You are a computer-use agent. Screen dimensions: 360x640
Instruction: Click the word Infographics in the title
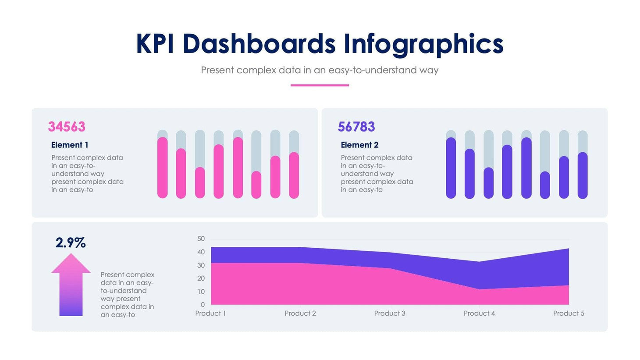(423, 44)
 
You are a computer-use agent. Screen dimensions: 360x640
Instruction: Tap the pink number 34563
(67, 127)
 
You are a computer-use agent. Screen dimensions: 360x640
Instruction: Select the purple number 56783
(356, 127)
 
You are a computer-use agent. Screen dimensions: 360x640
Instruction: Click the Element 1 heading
(70, 145)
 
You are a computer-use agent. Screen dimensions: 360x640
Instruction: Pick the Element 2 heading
(359, 145)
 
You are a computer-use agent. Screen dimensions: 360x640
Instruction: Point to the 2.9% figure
(71, 242)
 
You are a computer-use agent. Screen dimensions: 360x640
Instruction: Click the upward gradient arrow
(71, 285)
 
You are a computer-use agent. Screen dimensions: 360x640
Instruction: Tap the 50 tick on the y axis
(201, 239)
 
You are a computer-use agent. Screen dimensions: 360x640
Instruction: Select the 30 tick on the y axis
(201, 265)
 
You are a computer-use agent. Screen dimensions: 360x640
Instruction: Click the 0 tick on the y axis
(203, 304)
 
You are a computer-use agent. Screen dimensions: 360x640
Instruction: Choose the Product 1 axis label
(210, 313)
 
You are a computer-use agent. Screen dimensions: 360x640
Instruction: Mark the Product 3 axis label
(390, 313)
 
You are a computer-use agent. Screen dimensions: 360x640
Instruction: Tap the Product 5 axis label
(569, 313)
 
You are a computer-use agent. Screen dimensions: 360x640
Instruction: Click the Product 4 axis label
(479, 313)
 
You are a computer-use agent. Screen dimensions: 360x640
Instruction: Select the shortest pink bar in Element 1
(256, 185)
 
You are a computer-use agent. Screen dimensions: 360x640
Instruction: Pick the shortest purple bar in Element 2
(545, 185)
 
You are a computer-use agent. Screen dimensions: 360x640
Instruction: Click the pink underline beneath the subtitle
(320, 85)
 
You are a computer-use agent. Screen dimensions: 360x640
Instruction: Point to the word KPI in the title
(155, 44)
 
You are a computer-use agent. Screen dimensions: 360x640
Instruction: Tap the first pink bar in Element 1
(163, 168)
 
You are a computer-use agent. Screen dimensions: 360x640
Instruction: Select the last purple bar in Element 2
(583, 175)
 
